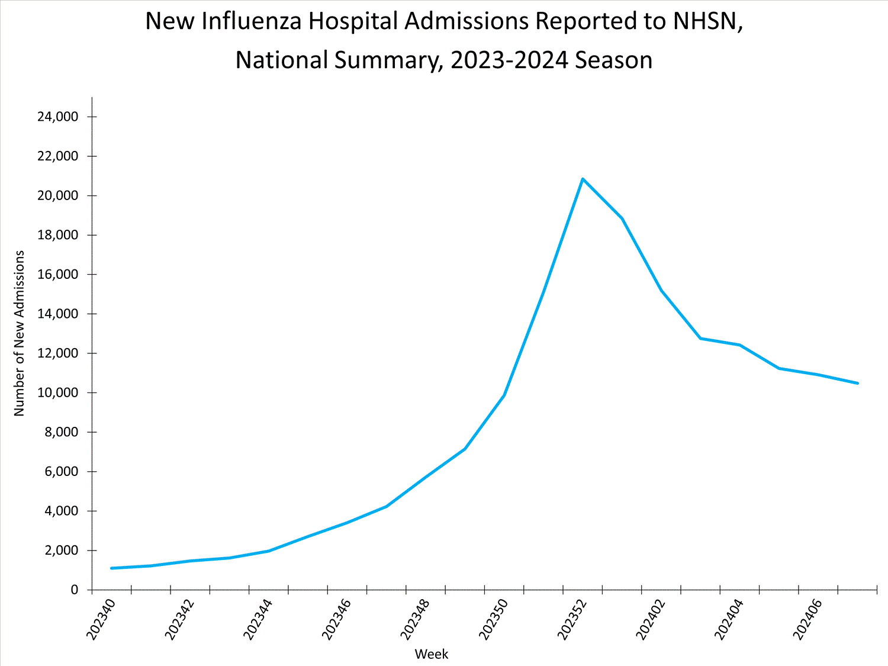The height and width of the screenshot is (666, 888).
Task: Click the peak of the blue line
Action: [x=583, y=179]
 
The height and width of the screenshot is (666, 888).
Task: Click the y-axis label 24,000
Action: [x=57, y=117]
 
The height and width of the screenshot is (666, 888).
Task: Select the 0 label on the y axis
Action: [x=74, y=590]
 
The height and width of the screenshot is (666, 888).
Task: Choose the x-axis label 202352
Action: [x=572, y=619]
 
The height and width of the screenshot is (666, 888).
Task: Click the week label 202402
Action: [x=651, y=619]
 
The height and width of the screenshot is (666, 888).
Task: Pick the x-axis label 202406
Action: [x=807, y=619]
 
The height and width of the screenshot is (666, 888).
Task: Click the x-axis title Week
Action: [x=432, y=654]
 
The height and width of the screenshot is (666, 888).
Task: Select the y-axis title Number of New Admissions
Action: [x=20, y=333]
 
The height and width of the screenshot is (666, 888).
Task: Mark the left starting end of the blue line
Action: [x=112, y=568]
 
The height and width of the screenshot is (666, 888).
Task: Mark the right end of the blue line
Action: [x=857, y=383]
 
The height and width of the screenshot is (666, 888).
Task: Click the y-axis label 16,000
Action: [x=57, y=274]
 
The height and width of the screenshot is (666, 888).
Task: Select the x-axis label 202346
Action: [x=336, y=619]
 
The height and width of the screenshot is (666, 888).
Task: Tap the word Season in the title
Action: [x=613, y=60]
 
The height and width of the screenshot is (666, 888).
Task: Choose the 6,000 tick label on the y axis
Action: [x=61, y=471]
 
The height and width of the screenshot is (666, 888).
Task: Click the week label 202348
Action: [x=415, y=619]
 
